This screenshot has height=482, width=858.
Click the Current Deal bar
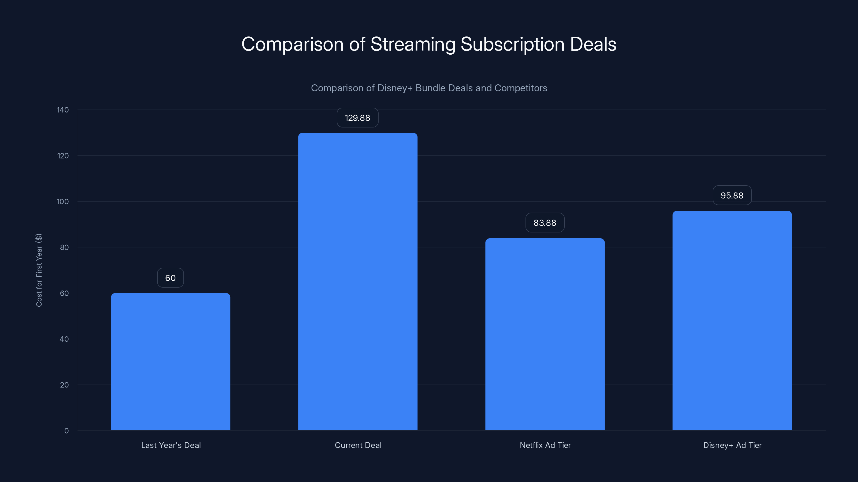tap(358, 281)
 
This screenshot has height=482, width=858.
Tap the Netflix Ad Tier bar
tap(545, 334)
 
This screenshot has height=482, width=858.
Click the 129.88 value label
tap(357, 118)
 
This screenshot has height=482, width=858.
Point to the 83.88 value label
tap(545, 223)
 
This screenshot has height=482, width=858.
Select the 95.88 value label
tap(732, 195)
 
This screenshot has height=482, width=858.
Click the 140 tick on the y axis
tap(63, 110)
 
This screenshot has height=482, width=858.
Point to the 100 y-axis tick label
tap(63, 202)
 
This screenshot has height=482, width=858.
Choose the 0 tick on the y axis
tap(66, 431)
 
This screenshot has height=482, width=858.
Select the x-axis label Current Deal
tap(358, 445)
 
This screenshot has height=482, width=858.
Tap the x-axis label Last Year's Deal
tap(171, 445)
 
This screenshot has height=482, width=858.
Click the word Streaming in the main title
tap(413, 44)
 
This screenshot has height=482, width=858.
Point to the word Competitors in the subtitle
tap(521, 88)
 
